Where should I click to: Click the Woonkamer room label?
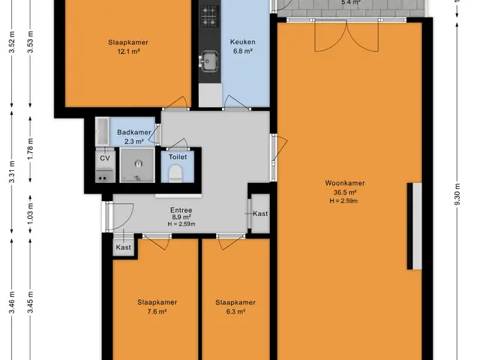[x=345, y=183]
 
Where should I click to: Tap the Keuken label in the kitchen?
[x=243, y=42]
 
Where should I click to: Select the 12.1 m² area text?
[x=128, y=52]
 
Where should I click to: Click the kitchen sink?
[x=208, y=61]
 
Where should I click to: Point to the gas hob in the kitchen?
[x=210, y=16]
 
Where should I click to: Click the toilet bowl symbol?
[x=175, y=173]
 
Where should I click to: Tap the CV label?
[x=105, y=158]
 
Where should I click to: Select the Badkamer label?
[x=134, y=133]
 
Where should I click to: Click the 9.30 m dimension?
[x=457, y=195]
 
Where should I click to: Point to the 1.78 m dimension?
[x=30, y=148]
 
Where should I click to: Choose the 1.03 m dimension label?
[x=30, y=213]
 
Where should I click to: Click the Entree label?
[x=181, y=210]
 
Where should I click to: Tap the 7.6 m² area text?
[x=157, y=312]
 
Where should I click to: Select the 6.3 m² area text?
[x=235, y=312]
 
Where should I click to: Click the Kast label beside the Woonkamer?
[x=260, y=214]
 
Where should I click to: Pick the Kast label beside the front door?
[x=123, y=247]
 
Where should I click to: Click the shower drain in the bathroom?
[x=138, y=163]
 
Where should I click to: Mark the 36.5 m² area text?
[x=345, y=192]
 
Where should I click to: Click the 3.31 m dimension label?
[x=12, y=172]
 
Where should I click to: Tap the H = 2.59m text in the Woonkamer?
[x=343, y=201]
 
